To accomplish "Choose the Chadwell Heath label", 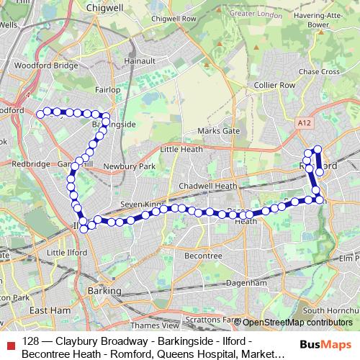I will click(207, 186).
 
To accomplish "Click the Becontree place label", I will click(203, 256).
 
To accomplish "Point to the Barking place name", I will click(104, 289).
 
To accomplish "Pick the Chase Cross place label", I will click(318, 72).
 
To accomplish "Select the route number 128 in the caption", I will click(31, 341).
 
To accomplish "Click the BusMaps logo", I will click(325, 345).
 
